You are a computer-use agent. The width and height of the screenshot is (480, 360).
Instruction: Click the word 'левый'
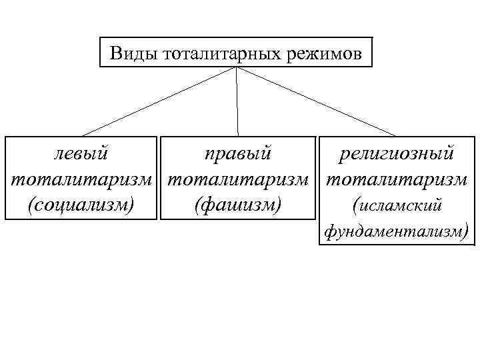click(x=81, y=154)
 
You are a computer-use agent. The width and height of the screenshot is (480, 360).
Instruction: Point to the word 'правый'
click(x=238, y=154)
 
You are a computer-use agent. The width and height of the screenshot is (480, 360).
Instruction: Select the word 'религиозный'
click(x=396, y=154)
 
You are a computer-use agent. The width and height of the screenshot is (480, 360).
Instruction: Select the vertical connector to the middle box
click(x=237, y=100)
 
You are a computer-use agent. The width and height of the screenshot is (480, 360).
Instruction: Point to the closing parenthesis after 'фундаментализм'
click(x=465, y=231)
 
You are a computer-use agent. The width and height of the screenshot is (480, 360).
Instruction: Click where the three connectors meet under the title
click(x=237, y=68)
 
